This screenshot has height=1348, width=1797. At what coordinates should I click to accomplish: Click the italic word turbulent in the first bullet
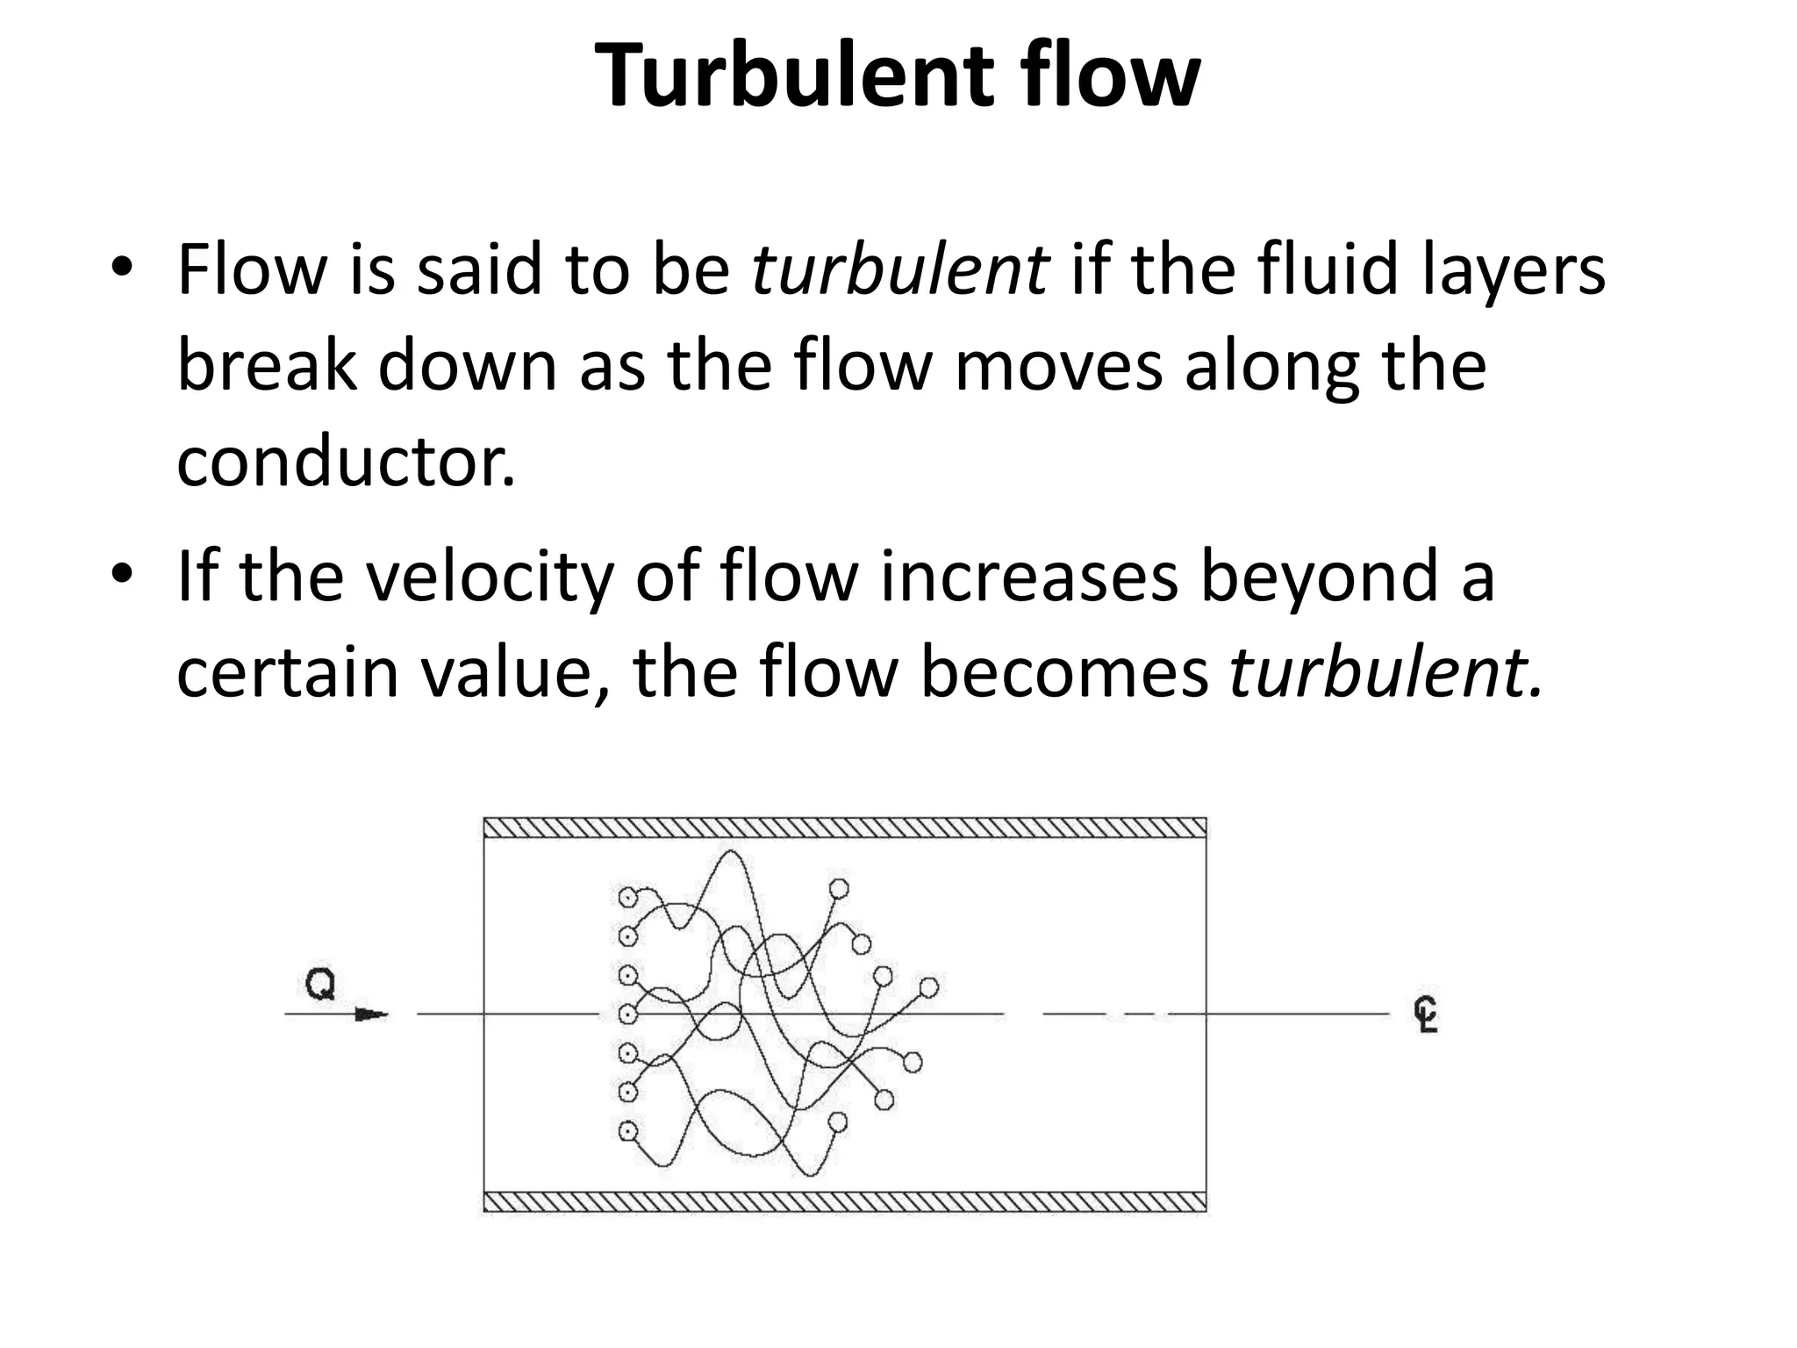(900, 269)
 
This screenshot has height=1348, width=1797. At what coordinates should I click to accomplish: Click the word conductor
(346, 462)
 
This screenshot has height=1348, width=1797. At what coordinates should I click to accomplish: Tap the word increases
(1029, 577)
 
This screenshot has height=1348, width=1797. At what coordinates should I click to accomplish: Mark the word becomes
(1064, 673)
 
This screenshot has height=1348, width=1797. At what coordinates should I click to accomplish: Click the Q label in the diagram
(320, 985)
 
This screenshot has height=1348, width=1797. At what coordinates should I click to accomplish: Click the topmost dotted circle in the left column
(627, 898)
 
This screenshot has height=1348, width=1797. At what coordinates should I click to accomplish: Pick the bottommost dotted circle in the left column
(627, 1131)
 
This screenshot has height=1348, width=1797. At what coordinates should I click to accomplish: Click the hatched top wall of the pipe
(845, 828)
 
